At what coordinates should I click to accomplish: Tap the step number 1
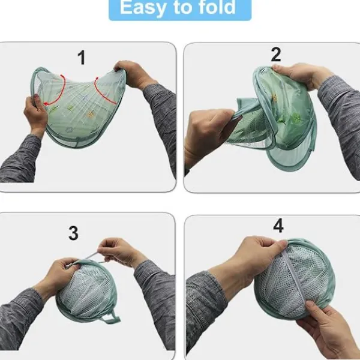[x=82, y=58]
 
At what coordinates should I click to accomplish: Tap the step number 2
[x=276, y=55]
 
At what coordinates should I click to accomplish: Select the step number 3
[x=73, y=233]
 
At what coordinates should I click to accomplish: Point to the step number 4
[x=278, y=226]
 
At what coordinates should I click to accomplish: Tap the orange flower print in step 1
[x=90, y=115]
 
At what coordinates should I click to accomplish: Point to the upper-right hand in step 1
[x=133, y=73]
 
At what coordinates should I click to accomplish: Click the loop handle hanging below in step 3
[x=112, y=319]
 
